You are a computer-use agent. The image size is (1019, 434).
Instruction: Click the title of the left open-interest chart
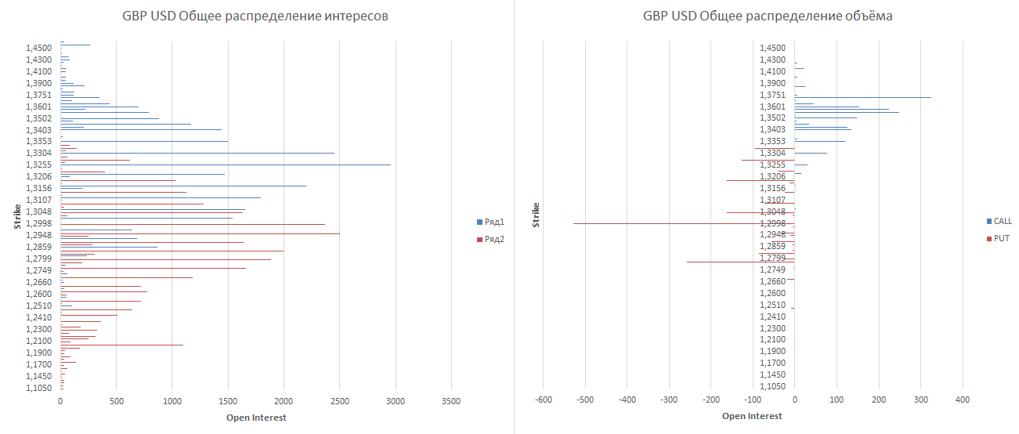click(255, 16)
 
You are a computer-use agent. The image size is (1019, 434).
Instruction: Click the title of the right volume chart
click(768, 16)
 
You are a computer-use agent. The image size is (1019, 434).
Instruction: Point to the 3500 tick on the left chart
click(451, 400)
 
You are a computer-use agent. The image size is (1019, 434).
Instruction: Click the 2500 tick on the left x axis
click(339, 400)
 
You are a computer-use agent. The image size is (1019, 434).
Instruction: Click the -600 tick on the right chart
click(543, 400)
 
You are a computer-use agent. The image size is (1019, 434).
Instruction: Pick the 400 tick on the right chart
click(963, 400)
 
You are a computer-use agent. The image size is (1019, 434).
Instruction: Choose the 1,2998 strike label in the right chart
click(772, 223)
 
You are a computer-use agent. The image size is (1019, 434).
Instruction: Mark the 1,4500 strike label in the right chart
click(772, 48)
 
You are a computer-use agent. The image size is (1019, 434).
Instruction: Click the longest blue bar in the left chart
click(235, 165)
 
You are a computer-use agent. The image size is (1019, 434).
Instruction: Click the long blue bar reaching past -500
click(666, 223)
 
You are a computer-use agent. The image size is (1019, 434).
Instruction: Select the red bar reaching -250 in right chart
click(736, 262)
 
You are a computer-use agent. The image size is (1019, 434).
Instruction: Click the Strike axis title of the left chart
click(16, 215)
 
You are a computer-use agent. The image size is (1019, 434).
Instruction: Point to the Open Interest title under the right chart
click(752, 417)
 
